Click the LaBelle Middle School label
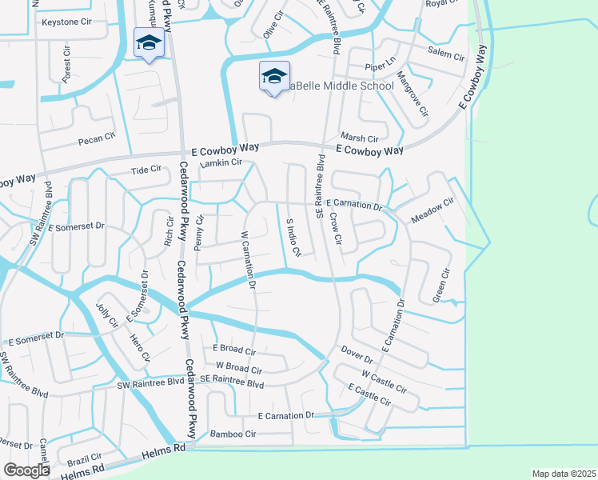coord(341,86)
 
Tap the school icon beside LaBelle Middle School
coord(274,77)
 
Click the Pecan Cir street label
coord(97,140)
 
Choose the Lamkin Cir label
coord(221,163)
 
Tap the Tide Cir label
coord(146,170)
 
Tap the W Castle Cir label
coord(385,380)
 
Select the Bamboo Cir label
coord(233,434)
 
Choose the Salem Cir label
coord(446,55)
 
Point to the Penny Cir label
coord(201,230)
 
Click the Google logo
coord(27,470)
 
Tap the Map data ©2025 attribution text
coord(563,474)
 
